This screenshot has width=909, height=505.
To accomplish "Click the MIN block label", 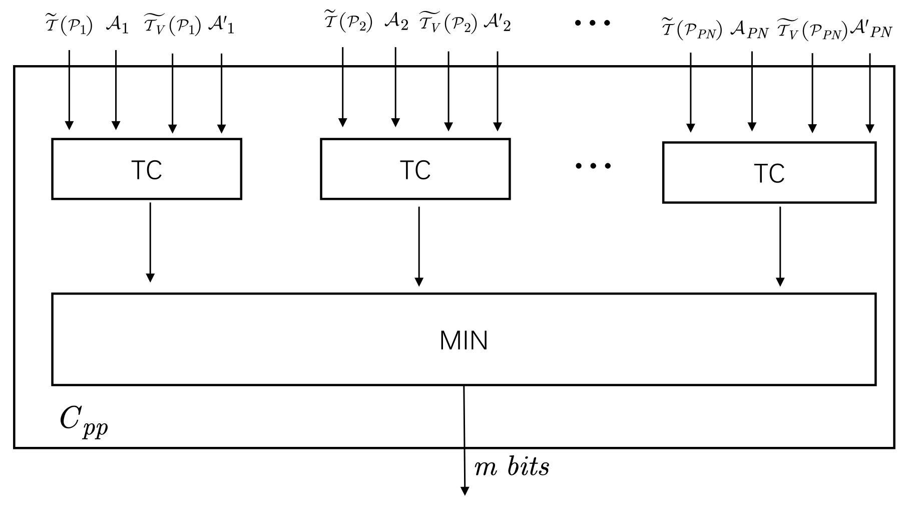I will [464, 341].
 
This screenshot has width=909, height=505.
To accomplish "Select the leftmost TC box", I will [147, 169].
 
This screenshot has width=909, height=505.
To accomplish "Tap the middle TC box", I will [415, 169].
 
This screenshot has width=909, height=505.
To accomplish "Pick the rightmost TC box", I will [769, 173].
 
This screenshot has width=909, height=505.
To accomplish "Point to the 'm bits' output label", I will [512, 467].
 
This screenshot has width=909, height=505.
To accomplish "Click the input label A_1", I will [117, 26].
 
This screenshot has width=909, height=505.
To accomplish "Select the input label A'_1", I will [221, 26].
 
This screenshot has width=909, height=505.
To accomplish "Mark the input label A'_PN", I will [871, 31].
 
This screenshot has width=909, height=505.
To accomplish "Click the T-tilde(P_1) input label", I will [69, 25].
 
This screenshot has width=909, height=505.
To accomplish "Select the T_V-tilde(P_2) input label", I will [448, 23].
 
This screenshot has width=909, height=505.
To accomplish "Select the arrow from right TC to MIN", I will [780, 245].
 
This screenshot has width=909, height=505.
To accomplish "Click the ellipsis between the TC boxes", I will [593, 166].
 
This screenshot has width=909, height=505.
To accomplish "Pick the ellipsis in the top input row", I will [593, 23].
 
